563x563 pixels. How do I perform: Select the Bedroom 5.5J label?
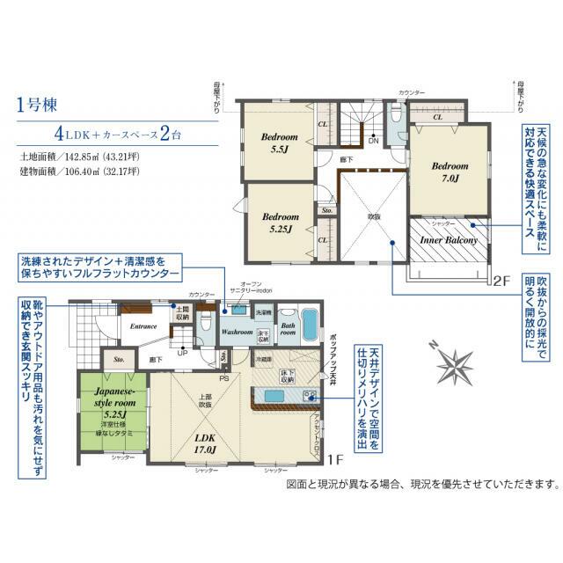click(x=280, y=144)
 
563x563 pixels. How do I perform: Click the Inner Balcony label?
click(x=448, y=239)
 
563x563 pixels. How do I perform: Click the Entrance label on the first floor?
click(x=143, y=326)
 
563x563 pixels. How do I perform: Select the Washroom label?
click(x=237, y=332)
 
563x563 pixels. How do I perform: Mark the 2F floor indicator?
click(x=501, y=281)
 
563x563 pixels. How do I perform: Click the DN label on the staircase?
click(x=373, y=141)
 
